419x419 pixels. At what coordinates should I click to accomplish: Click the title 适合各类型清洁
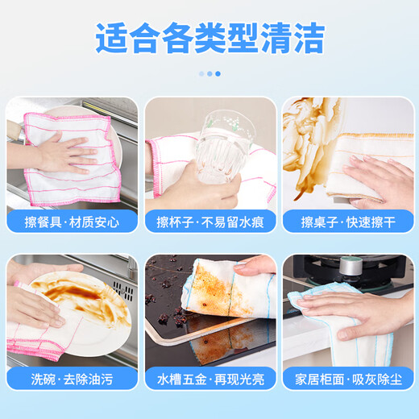click(209, 37)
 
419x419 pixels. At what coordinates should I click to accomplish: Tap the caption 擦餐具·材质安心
click(72, 222)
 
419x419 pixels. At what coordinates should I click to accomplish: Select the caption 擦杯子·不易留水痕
click(209, 222)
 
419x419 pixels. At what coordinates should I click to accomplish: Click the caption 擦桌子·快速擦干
click(347, 222)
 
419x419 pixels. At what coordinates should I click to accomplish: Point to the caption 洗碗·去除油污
click(72, 378)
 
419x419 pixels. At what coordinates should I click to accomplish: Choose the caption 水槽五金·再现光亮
click(209, 378)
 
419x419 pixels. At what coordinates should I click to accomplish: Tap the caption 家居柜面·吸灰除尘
click(347, 378)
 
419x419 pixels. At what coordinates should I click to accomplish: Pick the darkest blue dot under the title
click(218, 73)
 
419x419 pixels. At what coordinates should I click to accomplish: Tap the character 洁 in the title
click(309, 37)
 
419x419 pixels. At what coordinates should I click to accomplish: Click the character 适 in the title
click(111, 37)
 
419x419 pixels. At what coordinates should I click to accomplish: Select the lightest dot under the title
click(201, 73)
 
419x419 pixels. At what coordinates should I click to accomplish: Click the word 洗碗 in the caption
click(44, 378)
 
